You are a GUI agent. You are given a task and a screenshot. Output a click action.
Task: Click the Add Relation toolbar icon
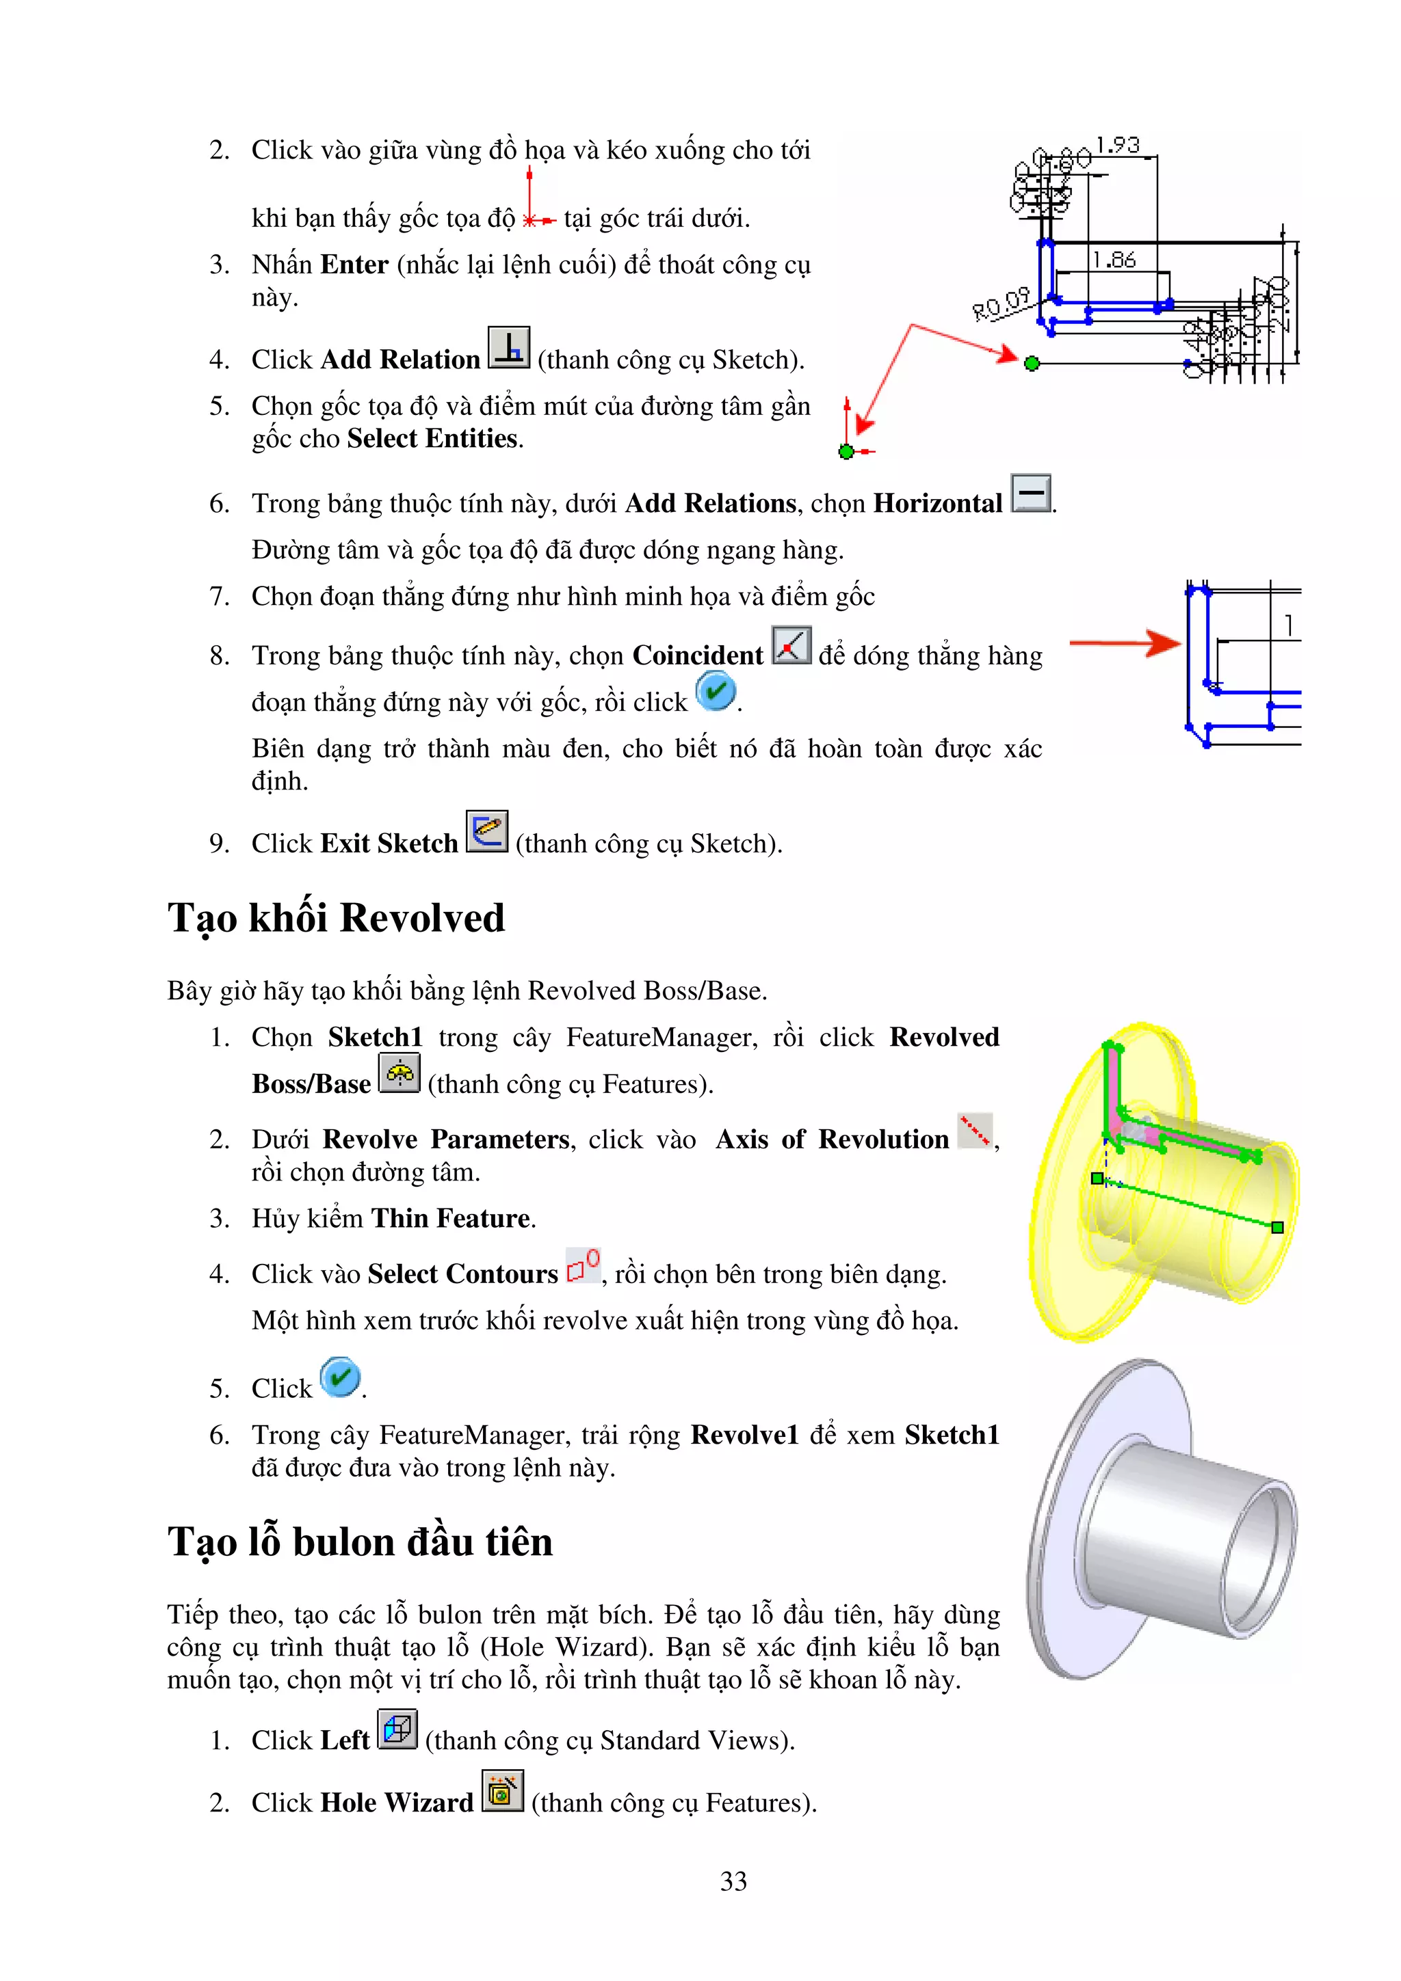click(508, 348)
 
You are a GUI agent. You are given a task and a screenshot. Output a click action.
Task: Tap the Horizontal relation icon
click(1031, 493)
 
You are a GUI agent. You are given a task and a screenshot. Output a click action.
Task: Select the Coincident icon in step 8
click(791, 645)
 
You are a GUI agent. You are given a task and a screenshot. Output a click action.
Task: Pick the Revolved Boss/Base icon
click(400, 1073)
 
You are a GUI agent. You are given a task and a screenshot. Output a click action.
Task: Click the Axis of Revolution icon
click(975, 1130)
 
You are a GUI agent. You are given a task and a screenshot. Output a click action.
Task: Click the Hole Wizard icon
click(502, 1791)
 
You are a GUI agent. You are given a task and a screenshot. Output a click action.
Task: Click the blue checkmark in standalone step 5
click(340, 1377)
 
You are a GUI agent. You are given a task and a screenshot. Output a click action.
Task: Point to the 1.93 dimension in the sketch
click(1118, 145)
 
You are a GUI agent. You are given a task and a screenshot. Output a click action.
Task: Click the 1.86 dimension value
click(1114, 260)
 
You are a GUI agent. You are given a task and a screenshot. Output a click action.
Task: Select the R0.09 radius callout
click(1001, 304)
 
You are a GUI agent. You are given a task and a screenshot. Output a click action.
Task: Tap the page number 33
click(733, 1881)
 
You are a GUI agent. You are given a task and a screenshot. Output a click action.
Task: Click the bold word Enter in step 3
click(354, 264)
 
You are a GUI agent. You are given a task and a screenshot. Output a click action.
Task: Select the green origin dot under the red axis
click(846, 451)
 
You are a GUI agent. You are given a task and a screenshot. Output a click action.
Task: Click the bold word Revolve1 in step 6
click(744, 1435)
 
